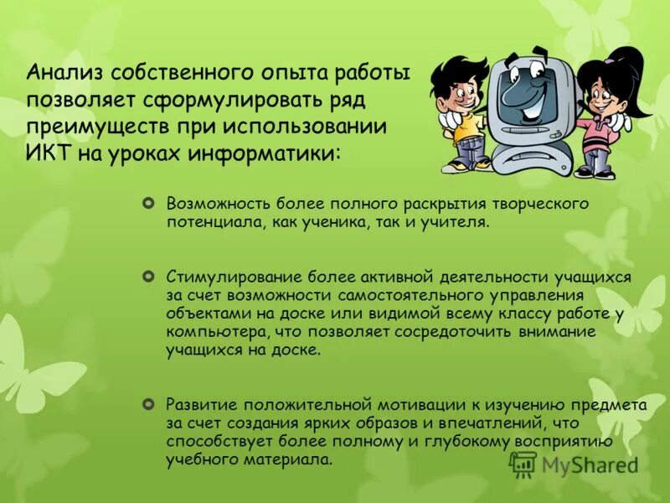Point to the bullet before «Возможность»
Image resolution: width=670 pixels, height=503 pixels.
tap(149, 204)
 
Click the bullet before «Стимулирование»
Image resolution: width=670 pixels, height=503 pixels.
tap(149, 275)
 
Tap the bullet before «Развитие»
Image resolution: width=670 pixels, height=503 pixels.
tap(149, 403)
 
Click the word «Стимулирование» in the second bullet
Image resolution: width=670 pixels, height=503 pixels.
tap(228, 275)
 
